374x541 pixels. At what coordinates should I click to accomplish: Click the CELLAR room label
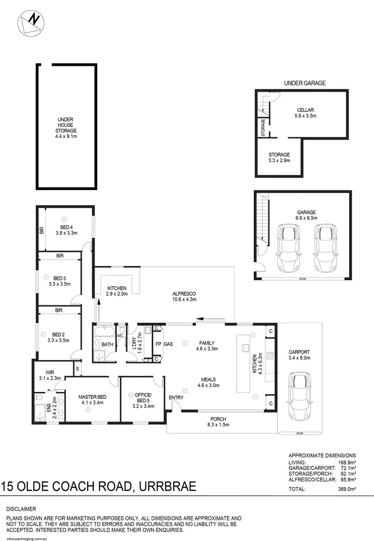click(x=305, y=113)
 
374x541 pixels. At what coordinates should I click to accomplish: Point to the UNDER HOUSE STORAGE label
click(x=66, y=128)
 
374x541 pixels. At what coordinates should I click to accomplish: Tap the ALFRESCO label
click(x=184, y=296)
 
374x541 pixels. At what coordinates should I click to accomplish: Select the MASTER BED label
click(x=90, y=400)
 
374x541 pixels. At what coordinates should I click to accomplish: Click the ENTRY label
click(x=176, y=397)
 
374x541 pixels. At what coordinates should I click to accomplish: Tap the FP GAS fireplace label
click(x=164, y=344)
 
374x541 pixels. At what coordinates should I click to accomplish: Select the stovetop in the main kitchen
click(x=271, y=356)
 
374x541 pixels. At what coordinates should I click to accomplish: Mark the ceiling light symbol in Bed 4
click(x=64, y=219)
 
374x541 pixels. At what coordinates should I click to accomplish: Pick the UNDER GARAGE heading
click(x=305, y=83)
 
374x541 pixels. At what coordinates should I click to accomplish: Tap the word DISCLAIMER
click(x=21, y=509)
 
